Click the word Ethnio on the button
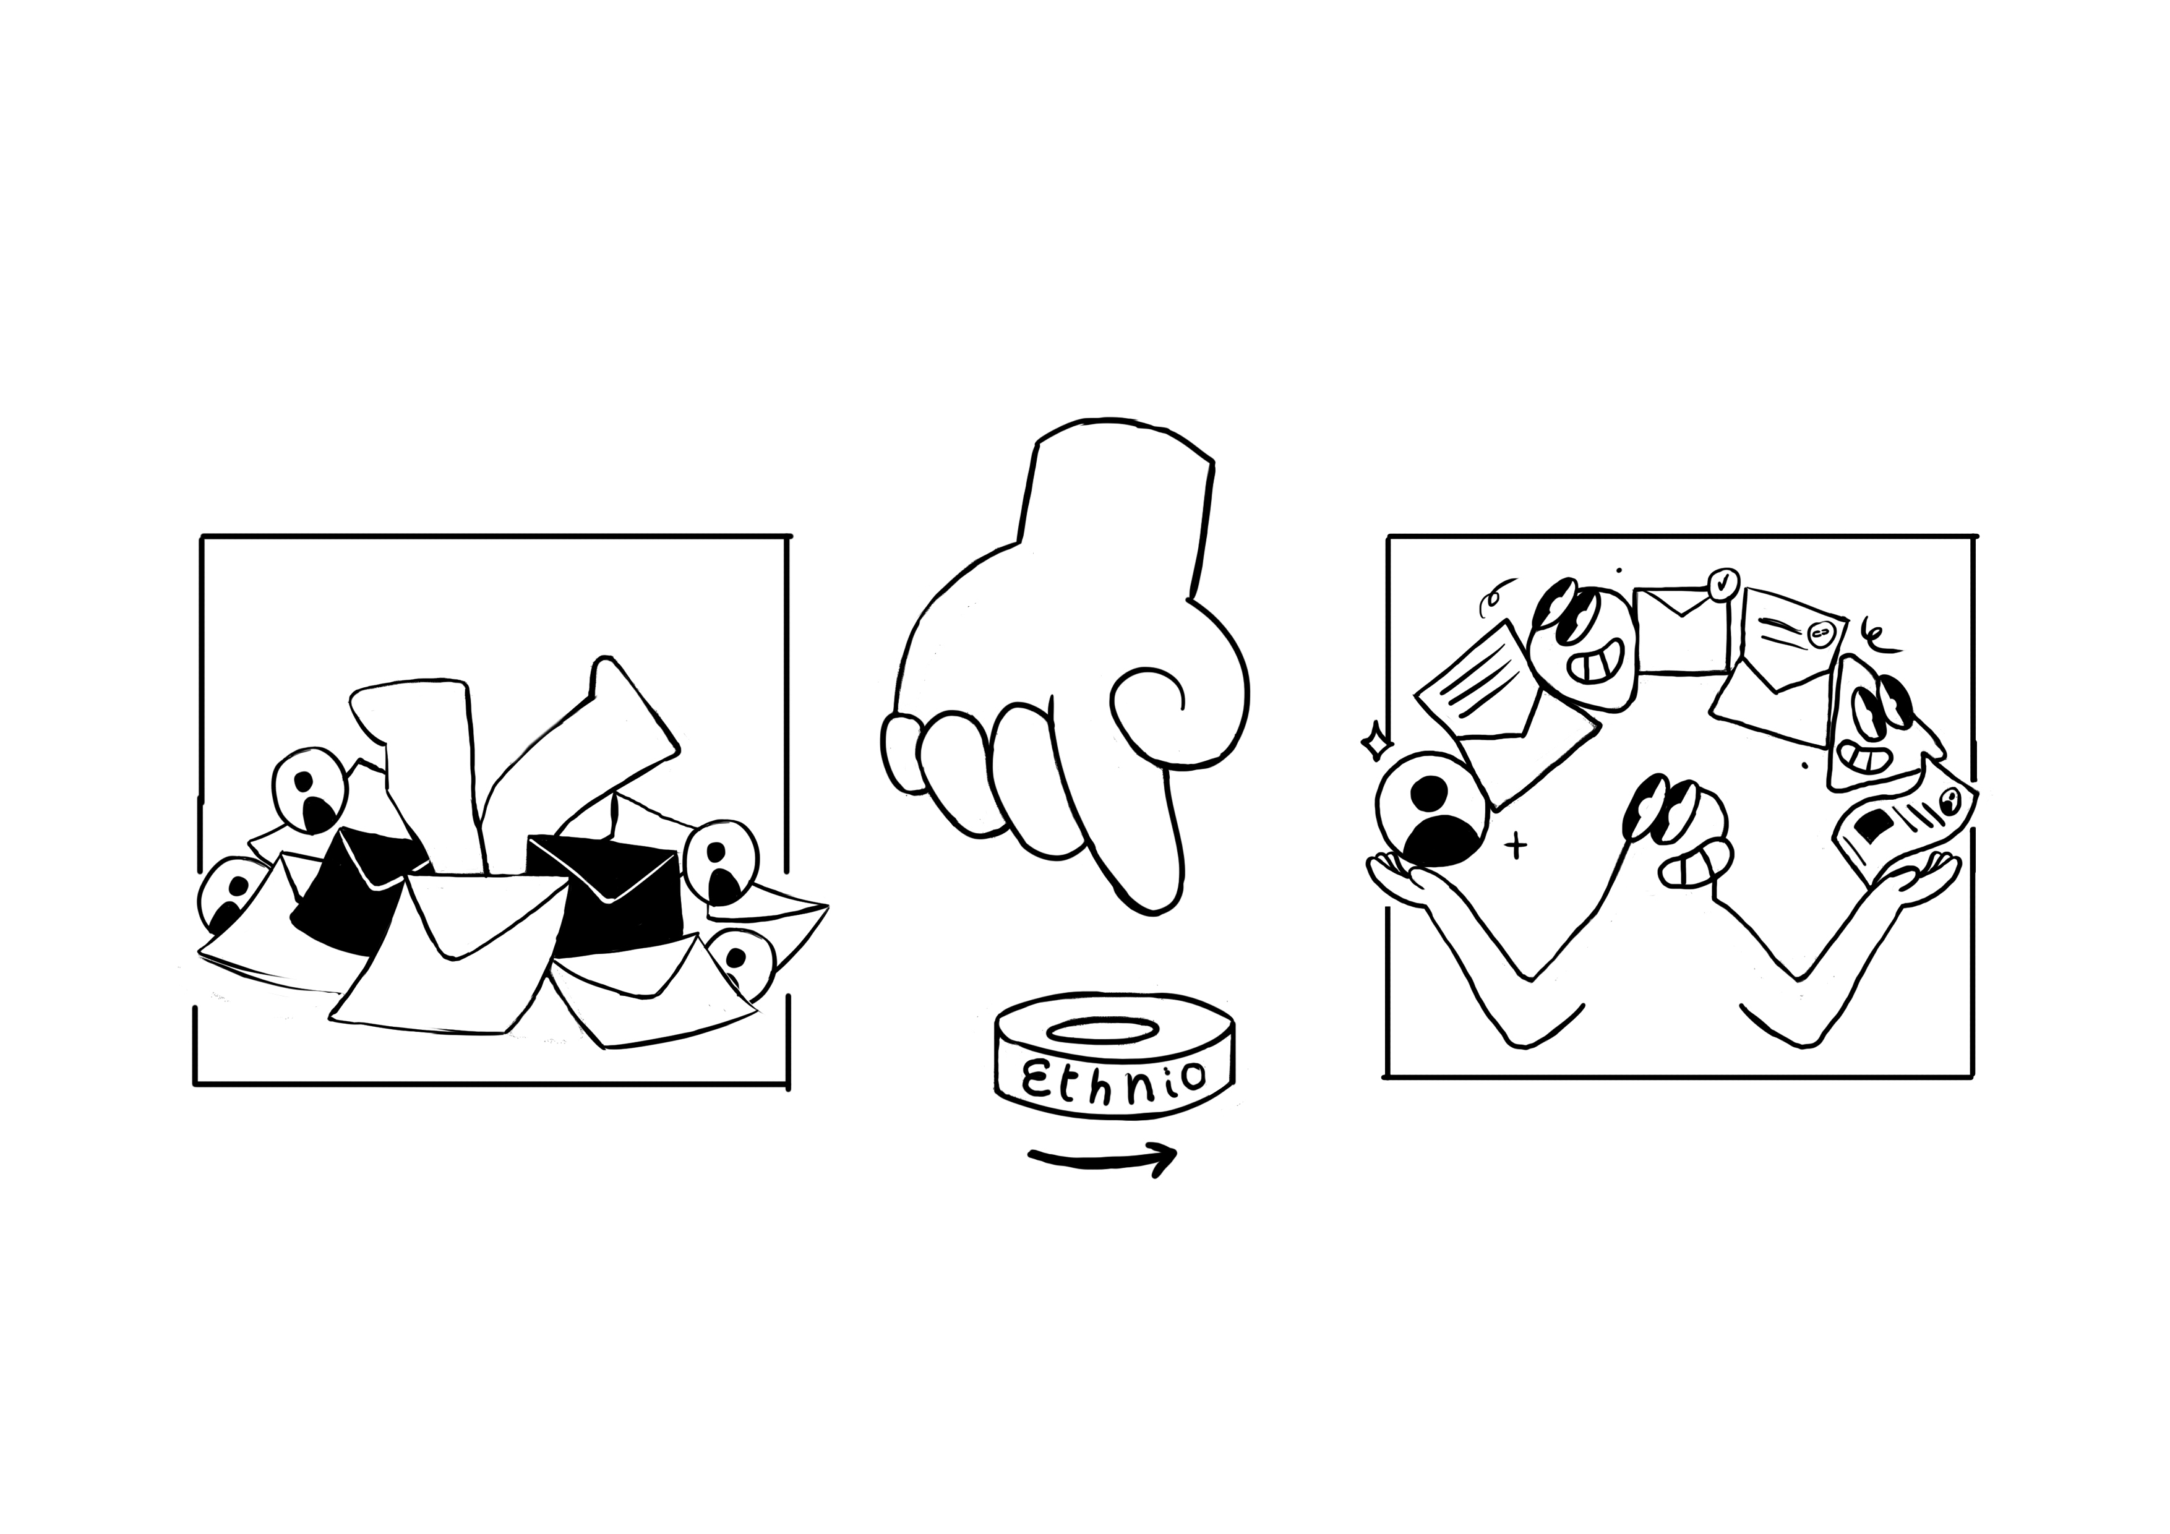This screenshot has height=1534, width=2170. [x=1115, y=1078]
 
